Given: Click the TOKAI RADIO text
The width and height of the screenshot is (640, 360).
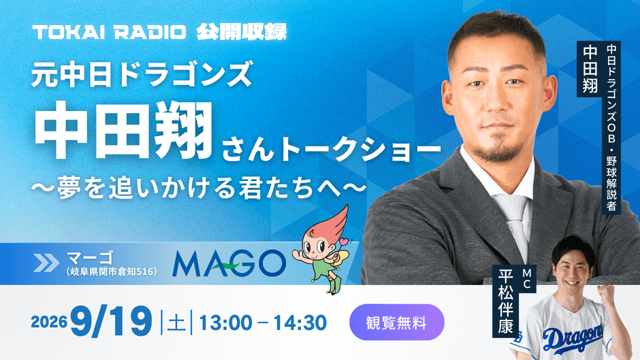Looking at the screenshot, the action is pyautogui.click(x=109, y=32).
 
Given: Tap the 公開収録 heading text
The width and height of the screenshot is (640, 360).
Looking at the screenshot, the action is pyautogui.click(x=242, y=32).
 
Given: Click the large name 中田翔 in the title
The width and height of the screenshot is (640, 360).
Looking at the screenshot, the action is pyautogui.click(x=123, y=130).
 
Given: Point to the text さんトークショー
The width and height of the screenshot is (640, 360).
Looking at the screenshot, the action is pyautogui.click(x=332, y=150).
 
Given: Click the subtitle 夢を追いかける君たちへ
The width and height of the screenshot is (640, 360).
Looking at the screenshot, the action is pyautogui.click(x=199, y=187).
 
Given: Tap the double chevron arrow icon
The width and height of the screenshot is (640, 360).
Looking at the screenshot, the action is pyautogui.click(x=46, y=263).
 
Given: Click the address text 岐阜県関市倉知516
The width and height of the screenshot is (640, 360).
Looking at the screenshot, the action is pyautogui.click(x=111, y=272).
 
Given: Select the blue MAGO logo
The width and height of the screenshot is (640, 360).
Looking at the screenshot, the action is pyautogui.click(x=229, y=263).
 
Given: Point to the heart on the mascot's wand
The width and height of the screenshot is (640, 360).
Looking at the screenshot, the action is pyautogui.click(x=345, y=241).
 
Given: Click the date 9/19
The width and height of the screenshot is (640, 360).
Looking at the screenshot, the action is pyautogui.click(x=112, y=322).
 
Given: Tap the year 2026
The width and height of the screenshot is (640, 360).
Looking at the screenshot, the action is pyautogui.click(x=49, y=322).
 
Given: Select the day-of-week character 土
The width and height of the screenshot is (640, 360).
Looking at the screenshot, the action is pyautogui.click(x=176, y=323).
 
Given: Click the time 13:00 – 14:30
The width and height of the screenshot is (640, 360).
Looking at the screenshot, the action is pyautogui.click(x=263, y=323).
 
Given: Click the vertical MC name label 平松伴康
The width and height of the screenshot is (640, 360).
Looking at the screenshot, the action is pyautogui.click(x=505, y=302).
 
